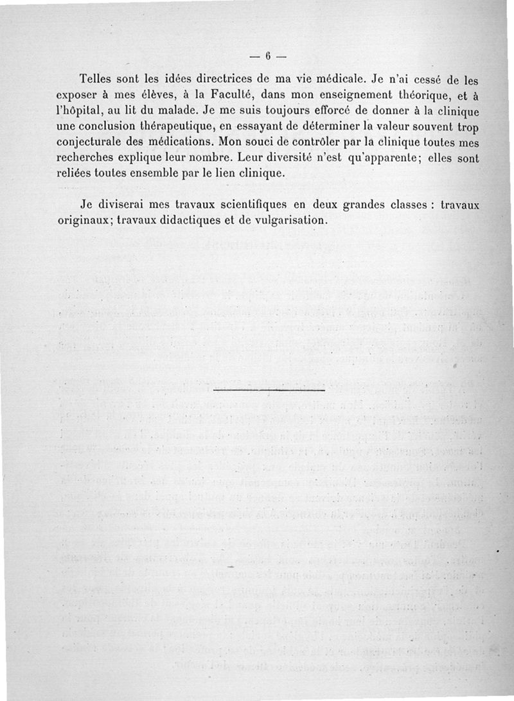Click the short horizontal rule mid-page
click(269, 390)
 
